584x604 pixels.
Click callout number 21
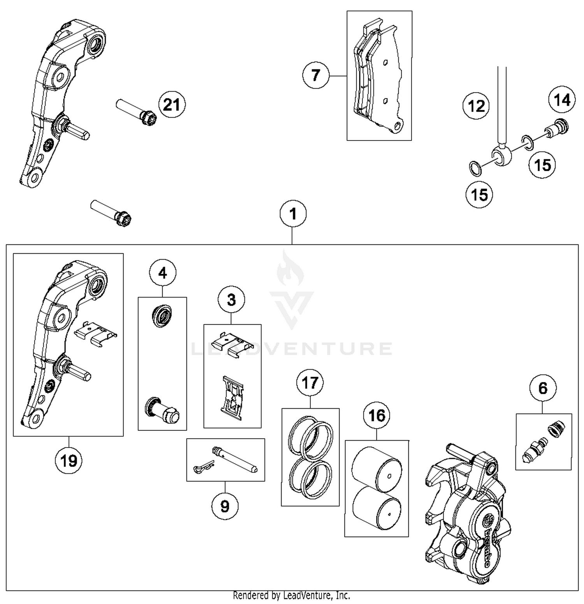click(x=172, y=105)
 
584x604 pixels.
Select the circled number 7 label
click(x=316, y=75)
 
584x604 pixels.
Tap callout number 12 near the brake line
click(x=476, y=106)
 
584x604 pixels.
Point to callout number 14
click(x=562, y=100)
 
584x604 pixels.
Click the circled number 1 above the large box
click(x=293, y=214)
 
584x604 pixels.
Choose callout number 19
click(x=69, y=461)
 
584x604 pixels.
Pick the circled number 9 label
click(x=225, y=506)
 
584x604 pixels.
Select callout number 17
click(x=310, y=383)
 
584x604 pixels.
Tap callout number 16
click(x=376, y=415)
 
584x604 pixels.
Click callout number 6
click(x=543, y=388)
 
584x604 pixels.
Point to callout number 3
click(x=231, y=300)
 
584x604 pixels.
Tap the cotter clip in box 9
click(x=203, y=467)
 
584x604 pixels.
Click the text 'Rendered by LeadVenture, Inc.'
click(x=291, y=595)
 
